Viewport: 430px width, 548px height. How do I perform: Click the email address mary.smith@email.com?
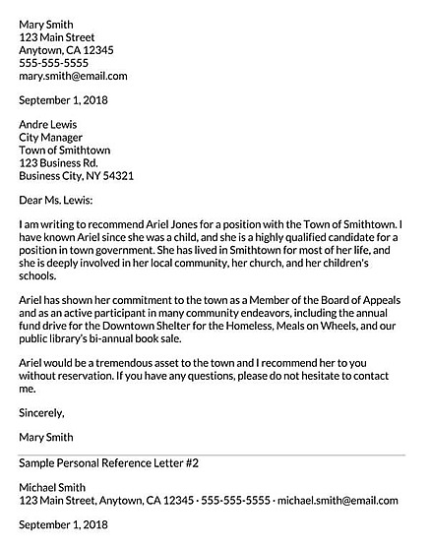coord(73,76)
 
